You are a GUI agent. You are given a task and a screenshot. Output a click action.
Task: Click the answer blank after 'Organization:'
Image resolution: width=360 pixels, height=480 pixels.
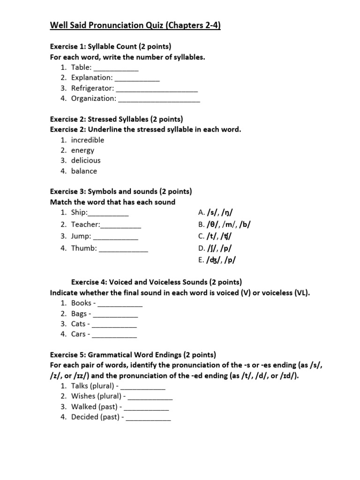[x=159, y=98]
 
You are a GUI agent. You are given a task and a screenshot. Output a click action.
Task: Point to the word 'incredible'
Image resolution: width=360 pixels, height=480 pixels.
[x=88, y=140]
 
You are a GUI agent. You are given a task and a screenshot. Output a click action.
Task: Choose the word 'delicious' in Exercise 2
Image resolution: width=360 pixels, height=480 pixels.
[x=86, y=161]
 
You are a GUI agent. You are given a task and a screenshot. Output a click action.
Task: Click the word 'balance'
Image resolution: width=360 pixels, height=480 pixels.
[x=84, y=171]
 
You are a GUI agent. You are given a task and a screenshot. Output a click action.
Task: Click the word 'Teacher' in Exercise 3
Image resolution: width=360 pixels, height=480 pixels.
[x=85, y=225]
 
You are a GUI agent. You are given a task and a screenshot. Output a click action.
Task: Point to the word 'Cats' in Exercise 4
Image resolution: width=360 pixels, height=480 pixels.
[x=78, y=324]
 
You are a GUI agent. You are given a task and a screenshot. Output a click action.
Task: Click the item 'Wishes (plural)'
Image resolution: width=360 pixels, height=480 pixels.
[x=96, y=396]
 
